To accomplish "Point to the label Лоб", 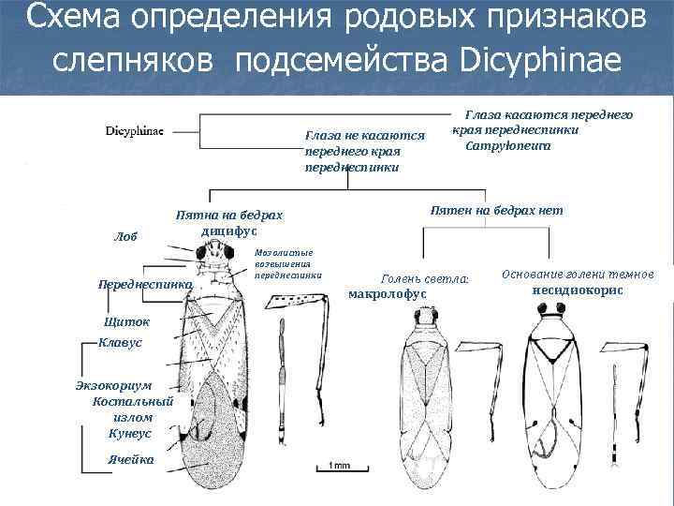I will (x=125, y=237).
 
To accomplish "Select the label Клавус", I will (x=120, y=342).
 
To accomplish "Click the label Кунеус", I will (x=130, y=433).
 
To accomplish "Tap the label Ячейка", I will (x=132, y=460).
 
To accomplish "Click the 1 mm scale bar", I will (x=338, y=465).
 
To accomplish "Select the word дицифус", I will (x=228, y=231).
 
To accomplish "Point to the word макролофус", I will (x=387, y=294).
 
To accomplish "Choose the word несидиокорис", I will (x=577, y=290).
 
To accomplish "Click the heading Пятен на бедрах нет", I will (x=496, y=210).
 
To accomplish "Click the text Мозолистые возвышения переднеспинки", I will (x=286, y=263).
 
